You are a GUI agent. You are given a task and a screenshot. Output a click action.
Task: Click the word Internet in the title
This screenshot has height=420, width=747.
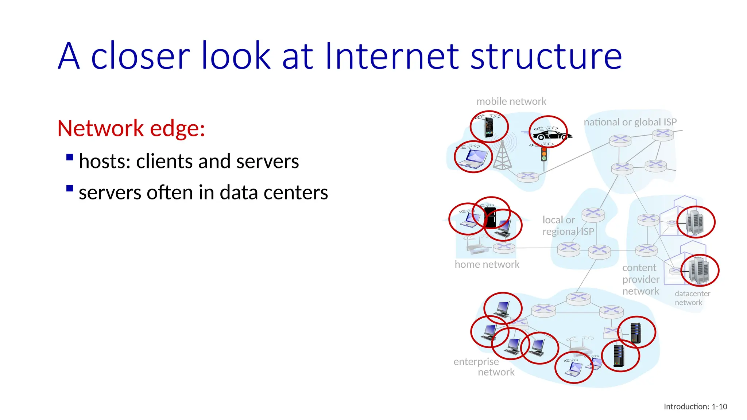tap(392, 57)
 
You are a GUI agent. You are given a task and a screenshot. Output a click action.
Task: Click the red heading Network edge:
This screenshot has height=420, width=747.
tap(131, 128)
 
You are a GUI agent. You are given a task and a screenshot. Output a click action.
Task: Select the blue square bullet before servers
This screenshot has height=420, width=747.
tap(70, 188)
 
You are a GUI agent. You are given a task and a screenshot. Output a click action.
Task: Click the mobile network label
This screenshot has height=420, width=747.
tap(511, 101)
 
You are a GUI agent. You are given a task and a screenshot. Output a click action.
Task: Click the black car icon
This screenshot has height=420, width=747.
tap(551, 135)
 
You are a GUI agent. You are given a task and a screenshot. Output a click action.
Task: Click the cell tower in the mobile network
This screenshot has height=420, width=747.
tap(502, 156)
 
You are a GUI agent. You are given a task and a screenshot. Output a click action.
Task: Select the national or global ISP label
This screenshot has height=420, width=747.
tap(630, 122)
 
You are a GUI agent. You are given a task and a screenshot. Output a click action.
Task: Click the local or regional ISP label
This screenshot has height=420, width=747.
tap(568, 226)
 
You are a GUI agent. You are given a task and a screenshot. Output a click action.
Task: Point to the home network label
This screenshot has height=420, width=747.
tap(487, 265)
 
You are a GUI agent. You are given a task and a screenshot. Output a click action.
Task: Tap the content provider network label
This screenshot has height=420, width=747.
tap(640, 280)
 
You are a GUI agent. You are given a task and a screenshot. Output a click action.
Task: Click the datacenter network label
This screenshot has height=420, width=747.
tap(692, 298)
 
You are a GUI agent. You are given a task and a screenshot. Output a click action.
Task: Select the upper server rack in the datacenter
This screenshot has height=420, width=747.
tap(694, 222)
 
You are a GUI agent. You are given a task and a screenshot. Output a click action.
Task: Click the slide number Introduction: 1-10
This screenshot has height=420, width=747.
tap(695, 407)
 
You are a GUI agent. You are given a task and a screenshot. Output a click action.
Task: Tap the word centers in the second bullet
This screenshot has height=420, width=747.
tap(295, 192)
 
